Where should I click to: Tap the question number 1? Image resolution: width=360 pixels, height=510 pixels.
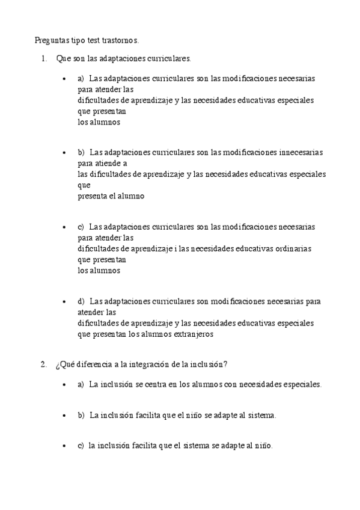point(43,59)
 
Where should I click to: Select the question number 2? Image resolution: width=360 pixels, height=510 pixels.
point(43,364)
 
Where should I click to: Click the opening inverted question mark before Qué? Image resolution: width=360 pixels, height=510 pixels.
point(57,364)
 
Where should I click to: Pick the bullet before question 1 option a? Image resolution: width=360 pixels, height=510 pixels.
point(64,79)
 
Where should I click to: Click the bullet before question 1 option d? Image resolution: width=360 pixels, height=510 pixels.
point(64,301)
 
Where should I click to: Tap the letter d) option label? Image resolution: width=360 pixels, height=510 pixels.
point(81,301)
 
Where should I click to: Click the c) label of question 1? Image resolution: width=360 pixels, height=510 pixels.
point(81,227)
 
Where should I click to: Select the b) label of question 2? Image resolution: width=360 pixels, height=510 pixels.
point(81,415)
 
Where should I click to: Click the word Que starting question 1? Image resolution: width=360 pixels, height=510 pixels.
point(63,59)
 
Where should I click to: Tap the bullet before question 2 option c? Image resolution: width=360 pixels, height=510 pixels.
point(64,446)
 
